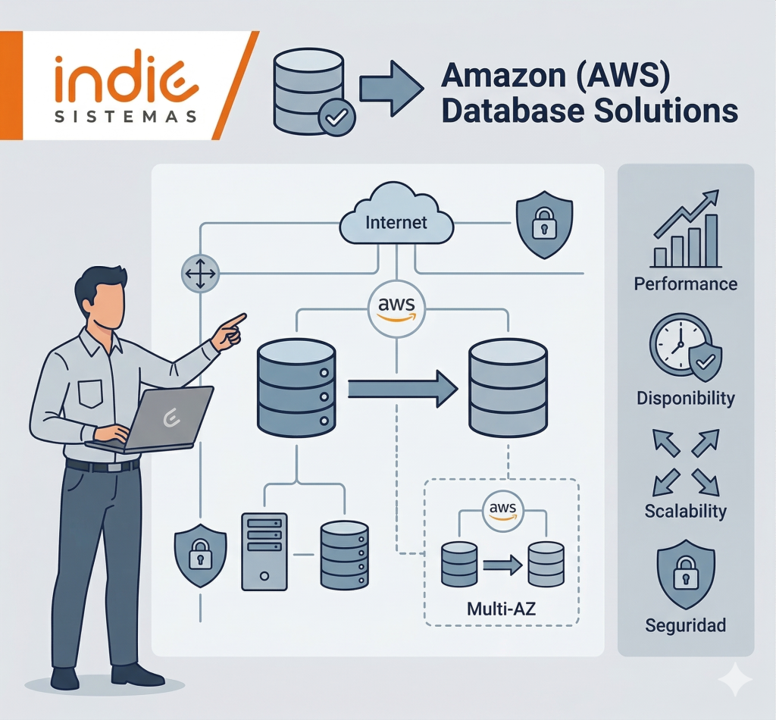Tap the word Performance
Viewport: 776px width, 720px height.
click(685, 284)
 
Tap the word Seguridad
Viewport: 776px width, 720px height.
click(685, 625)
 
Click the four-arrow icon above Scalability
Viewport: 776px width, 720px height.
click(685, 462)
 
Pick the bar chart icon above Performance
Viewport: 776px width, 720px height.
click(686, 230)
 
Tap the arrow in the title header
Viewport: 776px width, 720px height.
click(390, 88)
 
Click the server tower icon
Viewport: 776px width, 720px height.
click(264, 551)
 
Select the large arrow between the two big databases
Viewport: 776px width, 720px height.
click(402, 390)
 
